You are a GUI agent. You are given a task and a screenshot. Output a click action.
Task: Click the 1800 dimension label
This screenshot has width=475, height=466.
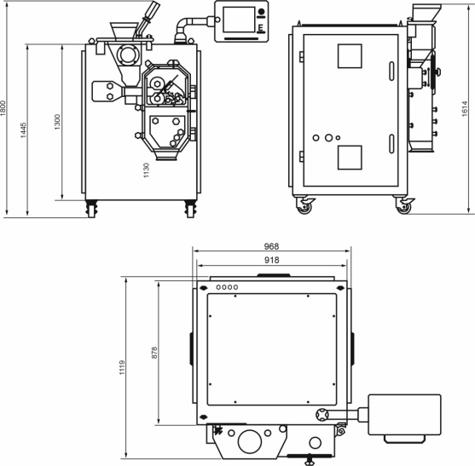click(3, 108)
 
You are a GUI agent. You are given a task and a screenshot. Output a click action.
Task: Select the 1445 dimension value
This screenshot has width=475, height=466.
click(23, 130)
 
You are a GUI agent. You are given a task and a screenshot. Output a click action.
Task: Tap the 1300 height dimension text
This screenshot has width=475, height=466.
click(57, 122)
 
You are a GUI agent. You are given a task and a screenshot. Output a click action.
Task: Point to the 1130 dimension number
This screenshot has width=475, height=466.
click(147, 170)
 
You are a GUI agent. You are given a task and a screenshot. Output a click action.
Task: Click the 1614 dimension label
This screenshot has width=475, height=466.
click(465, 109)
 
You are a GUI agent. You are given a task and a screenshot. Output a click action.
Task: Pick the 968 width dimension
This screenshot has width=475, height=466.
click(271, 246)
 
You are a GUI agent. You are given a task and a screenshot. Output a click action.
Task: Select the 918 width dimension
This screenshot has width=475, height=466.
click(272, 260)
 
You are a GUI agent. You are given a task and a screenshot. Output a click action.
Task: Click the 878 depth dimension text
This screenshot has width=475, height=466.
click(154, 353)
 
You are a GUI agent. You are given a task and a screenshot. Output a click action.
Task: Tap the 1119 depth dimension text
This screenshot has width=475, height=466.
click(122, 368)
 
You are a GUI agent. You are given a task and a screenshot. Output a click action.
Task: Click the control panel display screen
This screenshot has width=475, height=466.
click(239, 20)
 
